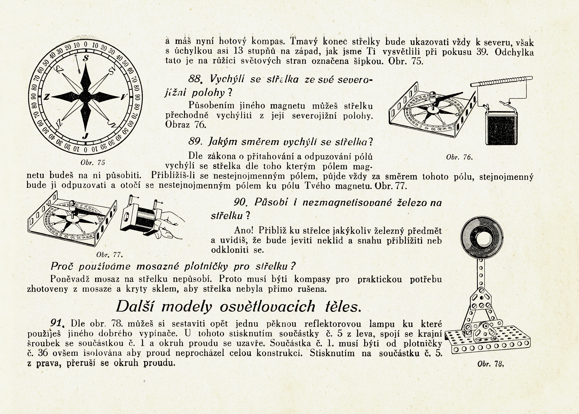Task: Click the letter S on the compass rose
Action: (86, 58)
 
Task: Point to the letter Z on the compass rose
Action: (46, 97)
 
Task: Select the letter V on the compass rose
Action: (124, 97)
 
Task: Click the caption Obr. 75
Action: (93, 163)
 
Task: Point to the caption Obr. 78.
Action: (491, 364)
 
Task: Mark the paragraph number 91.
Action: (57, 323)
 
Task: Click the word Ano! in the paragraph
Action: (244, 230)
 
